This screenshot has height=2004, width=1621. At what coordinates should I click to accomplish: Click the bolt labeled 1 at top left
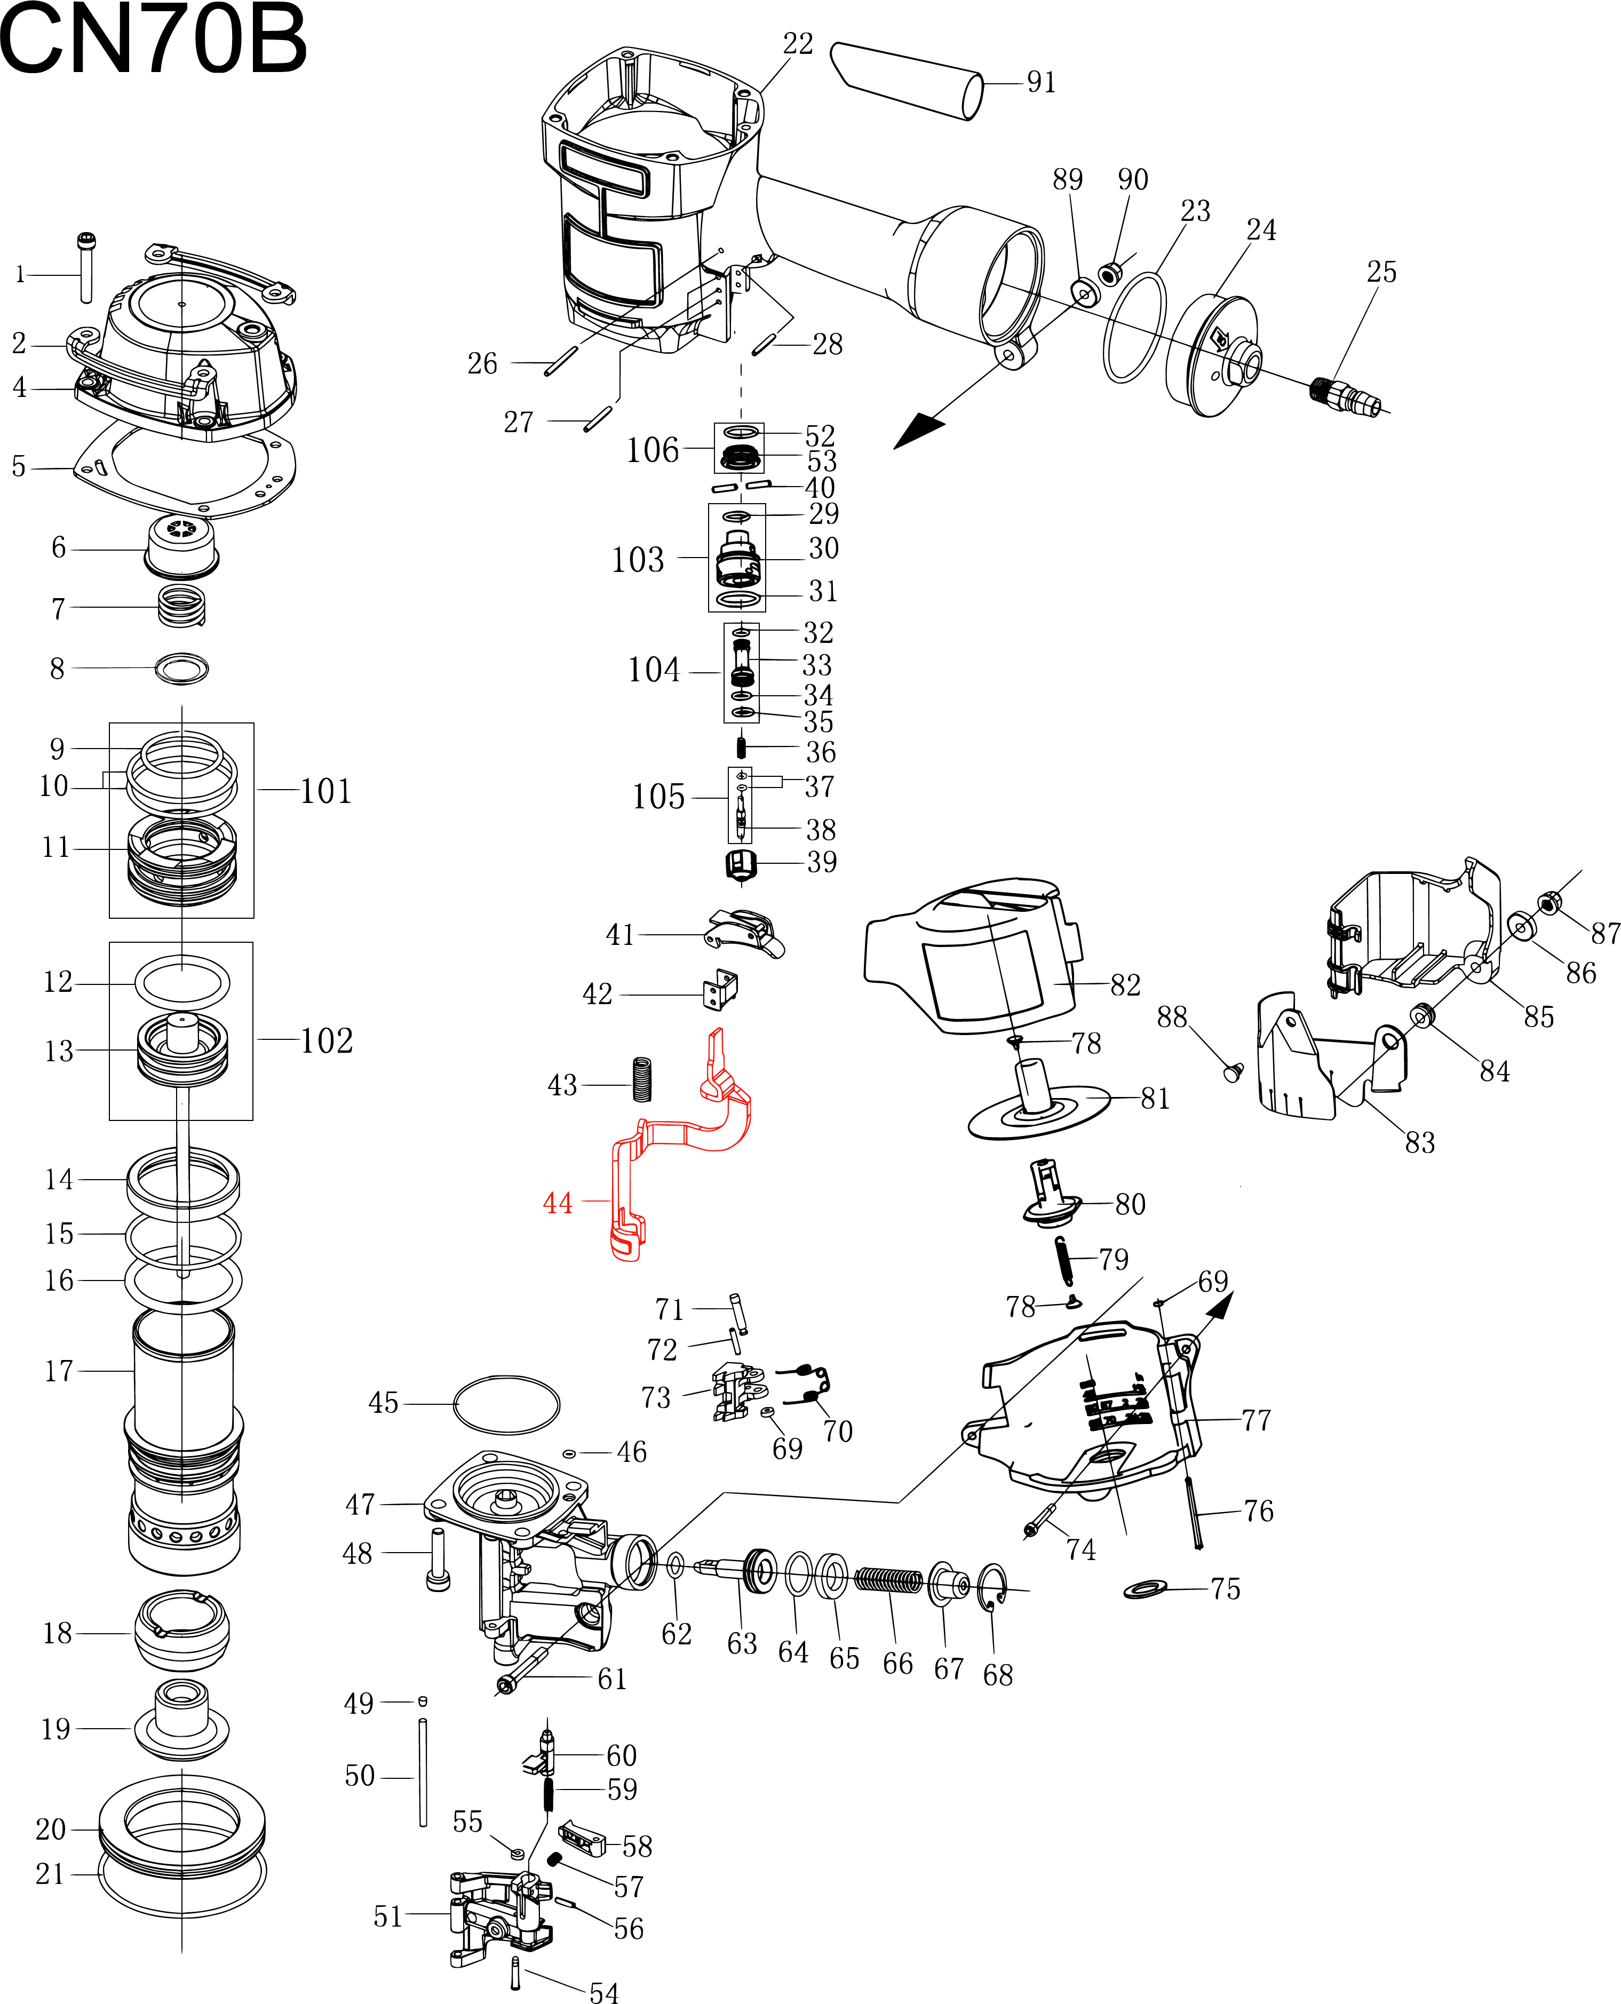(86, 267)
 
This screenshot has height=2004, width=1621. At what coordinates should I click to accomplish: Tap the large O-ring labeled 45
(506, 1404)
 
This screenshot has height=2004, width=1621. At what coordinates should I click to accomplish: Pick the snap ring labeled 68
(992, 1587)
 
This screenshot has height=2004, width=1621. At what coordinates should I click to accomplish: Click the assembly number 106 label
(653, 450)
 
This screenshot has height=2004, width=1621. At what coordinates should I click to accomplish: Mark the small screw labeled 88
(1233, 1072)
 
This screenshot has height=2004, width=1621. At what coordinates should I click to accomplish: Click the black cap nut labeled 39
(741, 864)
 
